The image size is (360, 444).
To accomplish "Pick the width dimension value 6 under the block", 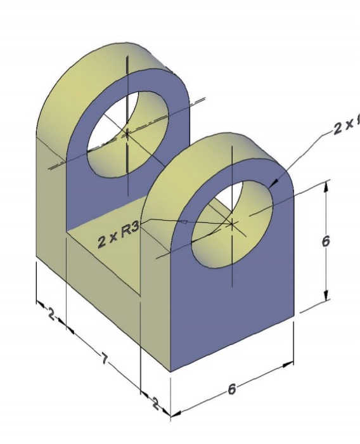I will coord(232,389).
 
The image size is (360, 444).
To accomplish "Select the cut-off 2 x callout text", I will coord(346,126).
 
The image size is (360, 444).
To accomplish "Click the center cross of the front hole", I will coord(233,223).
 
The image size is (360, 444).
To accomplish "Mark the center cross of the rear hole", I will coord(127,134).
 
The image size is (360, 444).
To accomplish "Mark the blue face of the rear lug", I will coord(82,190).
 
